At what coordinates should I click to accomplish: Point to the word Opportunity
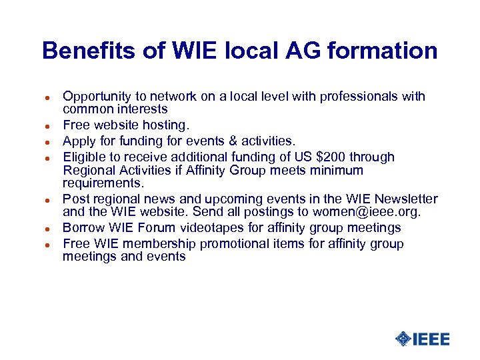(97, 97)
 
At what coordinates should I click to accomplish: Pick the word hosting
(168, 125)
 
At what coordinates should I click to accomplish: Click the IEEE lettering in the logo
(431, 339)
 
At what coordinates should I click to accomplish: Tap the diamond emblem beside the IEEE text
(403, 339)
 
